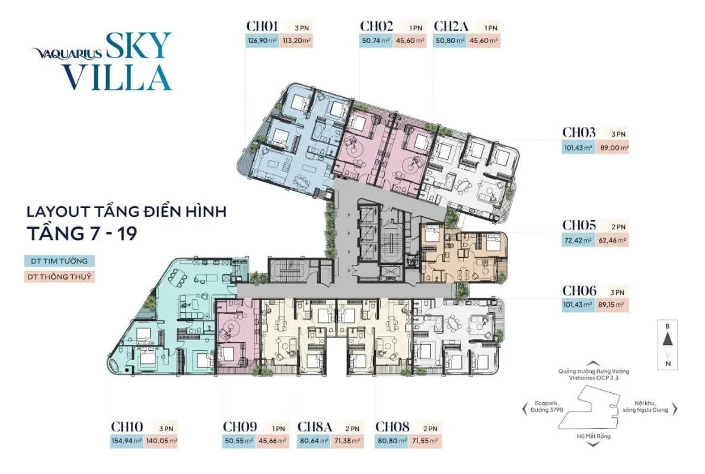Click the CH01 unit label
(x=262, y=27)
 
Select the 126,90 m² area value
(x=262, y=41)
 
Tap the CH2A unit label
(x=451, y=27)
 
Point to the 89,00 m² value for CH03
(x=613, y=148)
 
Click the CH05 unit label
(x=579, y=225)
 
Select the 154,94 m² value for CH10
(x=127, y=441)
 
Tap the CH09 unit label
(x=240, y=427)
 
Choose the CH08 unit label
(x=393, y=427)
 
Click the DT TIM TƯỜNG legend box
(x=59, y=261)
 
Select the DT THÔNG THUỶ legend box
(x=59, y=277)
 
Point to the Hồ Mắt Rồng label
(x=594, y=436)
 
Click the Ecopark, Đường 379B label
(x=547, y=406)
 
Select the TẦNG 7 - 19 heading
(x=82, y=233)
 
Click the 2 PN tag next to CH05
(x=618, y=227)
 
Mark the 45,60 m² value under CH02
(x=410, y=41)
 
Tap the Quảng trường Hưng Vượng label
(x=594, y=371)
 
